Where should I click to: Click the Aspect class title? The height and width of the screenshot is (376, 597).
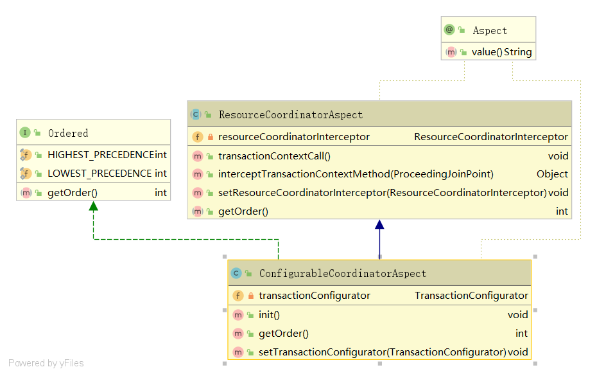pyautogui.click(x=489, y=31)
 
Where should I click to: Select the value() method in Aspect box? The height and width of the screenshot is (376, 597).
pyautogui.click(x=487, y=52)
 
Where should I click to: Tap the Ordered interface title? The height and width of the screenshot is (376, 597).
pyautogui.click(x=67, y=133)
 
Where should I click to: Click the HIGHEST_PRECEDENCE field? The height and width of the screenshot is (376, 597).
pyautogui.click(x=100, y=155)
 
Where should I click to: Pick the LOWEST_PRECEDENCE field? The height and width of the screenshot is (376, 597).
pyautogui.click(x=99, y=174)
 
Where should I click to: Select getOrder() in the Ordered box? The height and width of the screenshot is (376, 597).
pyautogui.click(x=72, y=193)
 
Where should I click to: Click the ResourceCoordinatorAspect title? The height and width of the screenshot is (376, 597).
pyautogui.click(x=290, y=115)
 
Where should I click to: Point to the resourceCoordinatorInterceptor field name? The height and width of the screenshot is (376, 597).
pyautogui.click(x=293, y=137)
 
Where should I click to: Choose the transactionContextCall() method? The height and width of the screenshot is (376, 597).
pyautogui.click(x=274, y=156)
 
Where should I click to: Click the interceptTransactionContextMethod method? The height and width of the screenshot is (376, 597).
pyautogui.click(x=356, y=174)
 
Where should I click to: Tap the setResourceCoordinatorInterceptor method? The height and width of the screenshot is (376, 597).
pyautogui.click(x=382, y=193)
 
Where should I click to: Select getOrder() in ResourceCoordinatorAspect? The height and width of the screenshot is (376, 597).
pyautogui.click(x=243, y=211)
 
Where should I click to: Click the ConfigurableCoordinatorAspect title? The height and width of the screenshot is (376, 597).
pyautogui.click(x=342, y=274)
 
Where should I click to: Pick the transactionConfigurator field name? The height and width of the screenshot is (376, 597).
pyautogui.click(x=314, y=296)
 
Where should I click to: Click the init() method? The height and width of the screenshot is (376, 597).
pyautogui.click(x=269, y=315)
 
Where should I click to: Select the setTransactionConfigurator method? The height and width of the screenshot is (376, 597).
pyautogui.click(x=382, y=352)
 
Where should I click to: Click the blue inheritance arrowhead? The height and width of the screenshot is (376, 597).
pyautogui.click(x=379, y=225)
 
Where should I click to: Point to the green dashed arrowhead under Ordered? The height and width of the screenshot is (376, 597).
pyautogui.click(x=94, y=206)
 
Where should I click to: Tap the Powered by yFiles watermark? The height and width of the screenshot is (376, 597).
pyautogui.click(x=46, y=363)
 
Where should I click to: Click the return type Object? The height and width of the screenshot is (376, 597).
pyautogui.click(x=552, y=174)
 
